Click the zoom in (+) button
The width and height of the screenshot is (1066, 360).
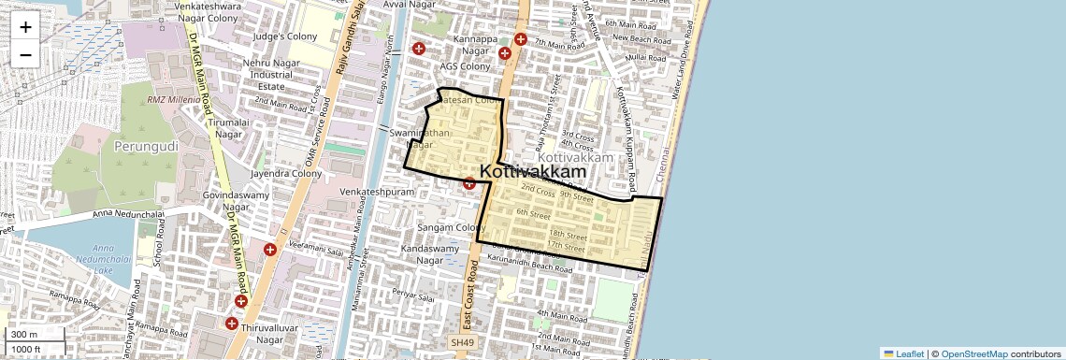(25, 27)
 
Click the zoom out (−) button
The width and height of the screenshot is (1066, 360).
(25, 54)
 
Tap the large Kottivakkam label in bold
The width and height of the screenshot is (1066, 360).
(534, 172)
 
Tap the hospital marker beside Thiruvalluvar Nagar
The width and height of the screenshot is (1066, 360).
(231, 323)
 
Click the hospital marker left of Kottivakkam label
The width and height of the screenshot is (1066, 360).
(469, 183)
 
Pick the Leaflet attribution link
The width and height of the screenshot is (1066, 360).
(903, 353)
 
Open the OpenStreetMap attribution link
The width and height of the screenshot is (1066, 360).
(973, 353)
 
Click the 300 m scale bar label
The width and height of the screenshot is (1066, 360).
(24, 335)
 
